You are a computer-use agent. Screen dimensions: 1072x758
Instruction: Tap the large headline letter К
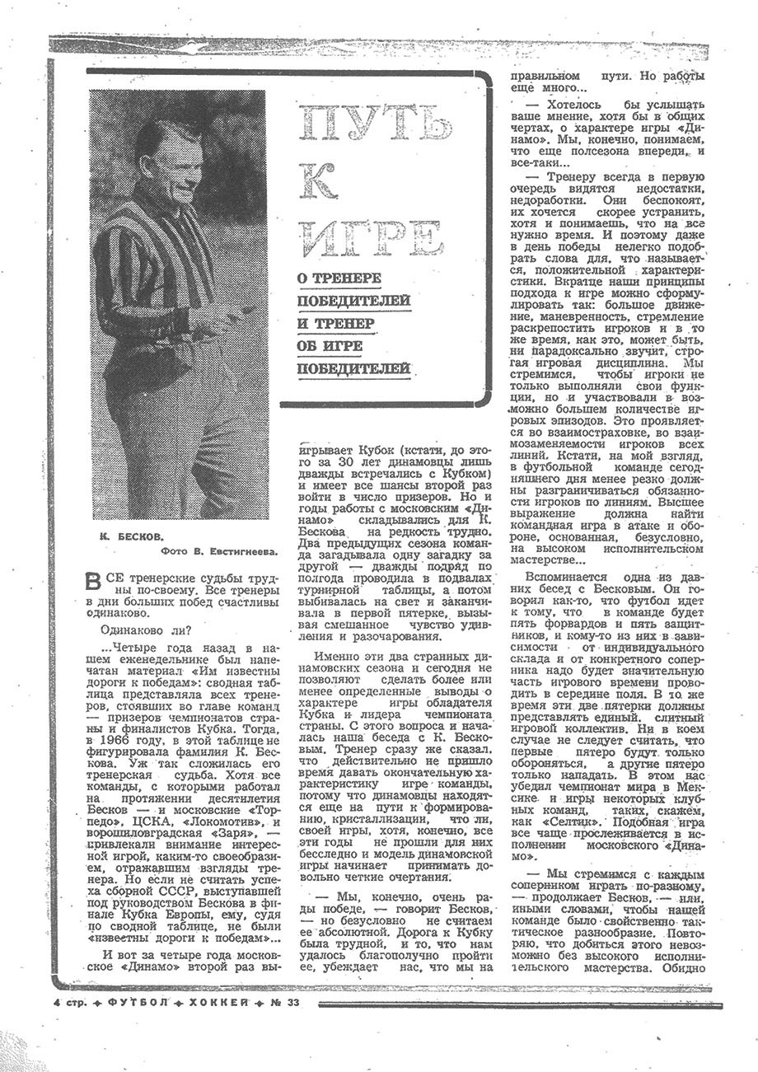point(319,180)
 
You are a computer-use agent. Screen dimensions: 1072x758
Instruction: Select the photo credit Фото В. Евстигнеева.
point(218,552)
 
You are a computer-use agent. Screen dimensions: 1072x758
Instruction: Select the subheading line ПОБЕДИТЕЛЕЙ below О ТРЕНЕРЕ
point(354,302)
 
